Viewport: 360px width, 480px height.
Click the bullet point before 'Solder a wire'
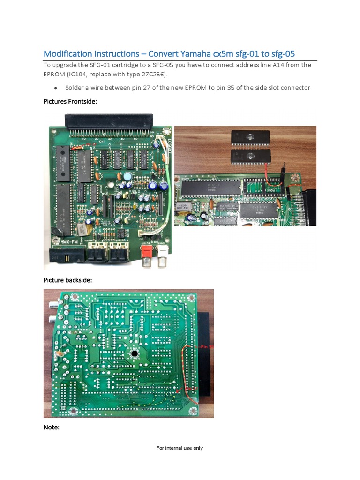tap(56, 88)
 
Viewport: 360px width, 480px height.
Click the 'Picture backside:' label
tap(68, 280)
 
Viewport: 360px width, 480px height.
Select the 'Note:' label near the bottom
tap(52, 427)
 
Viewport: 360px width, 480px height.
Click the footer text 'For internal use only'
tap(180, 448)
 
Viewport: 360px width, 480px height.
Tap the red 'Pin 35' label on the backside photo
tap(206, 346)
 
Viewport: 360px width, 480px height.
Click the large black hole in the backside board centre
tap(135, 353)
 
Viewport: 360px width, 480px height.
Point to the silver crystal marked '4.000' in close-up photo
tap(181, 206)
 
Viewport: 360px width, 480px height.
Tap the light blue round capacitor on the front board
tap(127, 176)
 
